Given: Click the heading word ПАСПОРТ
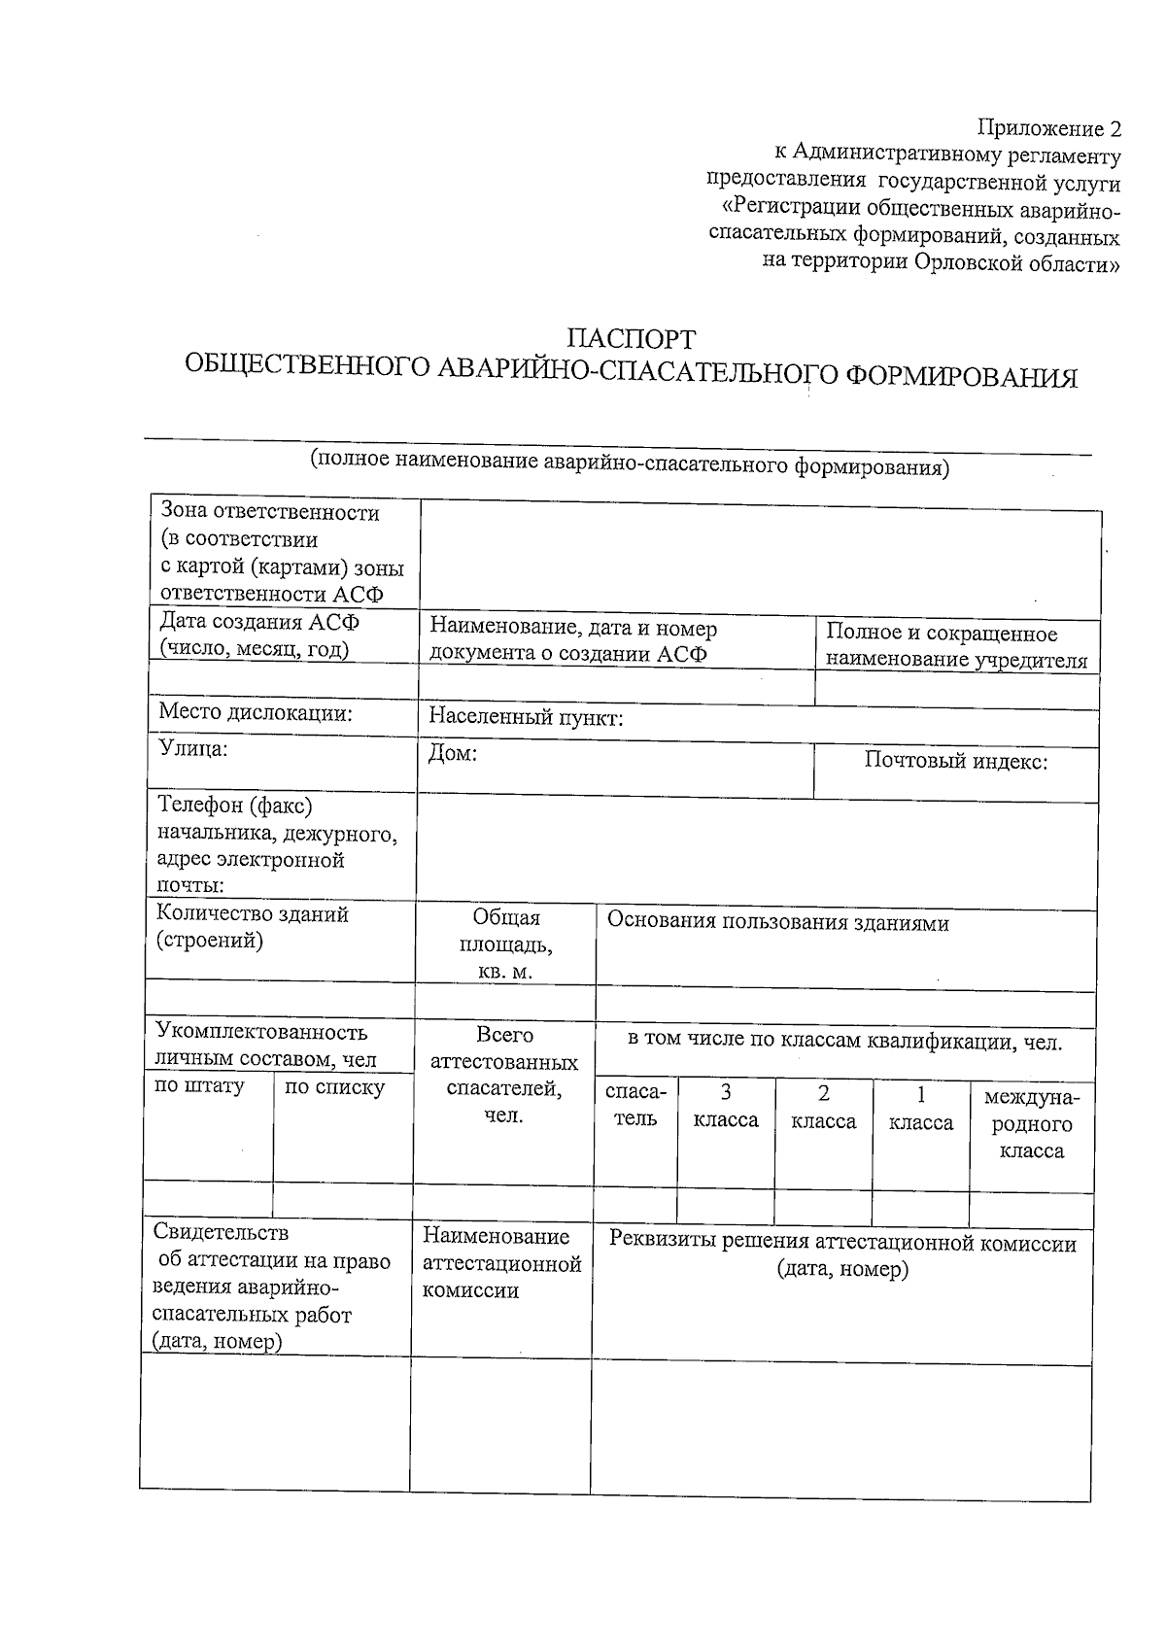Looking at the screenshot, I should click(x=632, y=339).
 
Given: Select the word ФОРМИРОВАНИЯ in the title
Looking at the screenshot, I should click(x=962, y=376).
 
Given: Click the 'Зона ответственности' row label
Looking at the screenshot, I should click(x=269, y=512).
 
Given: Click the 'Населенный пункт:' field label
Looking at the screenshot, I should click(x=526, y=718).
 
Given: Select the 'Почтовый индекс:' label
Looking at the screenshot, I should click(x=955, y=761).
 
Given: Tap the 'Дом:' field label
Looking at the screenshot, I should click(x=453, y=754).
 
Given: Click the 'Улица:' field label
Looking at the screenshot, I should click(x=193, y=748).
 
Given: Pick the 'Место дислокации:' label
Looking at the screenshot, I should click(x=256, y=713).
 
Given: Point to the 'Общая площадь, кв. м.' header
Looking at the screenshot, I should click(x=505, y=944).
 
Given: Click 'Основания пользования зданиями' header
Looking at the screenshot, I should click(x=777, y=922).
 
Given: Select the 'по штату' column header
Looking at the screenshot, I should click(x=199, y=1085).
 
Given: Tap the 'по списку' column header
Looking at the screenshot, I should click(x=334, y=1087).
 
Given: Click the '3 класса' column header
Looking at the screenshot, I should click(x=725, y=1107).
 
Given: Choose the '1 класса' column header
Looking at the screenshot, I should click(x=920, y=1109).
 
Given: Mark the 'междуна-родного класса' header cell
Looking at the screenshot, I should click(x=1031, y=1124).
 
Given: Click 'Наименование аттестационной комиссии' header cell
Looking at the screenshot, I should click(x=501, y=1263).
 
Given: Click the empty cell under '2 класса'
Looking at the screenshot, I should click(x=823, y=1206).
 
